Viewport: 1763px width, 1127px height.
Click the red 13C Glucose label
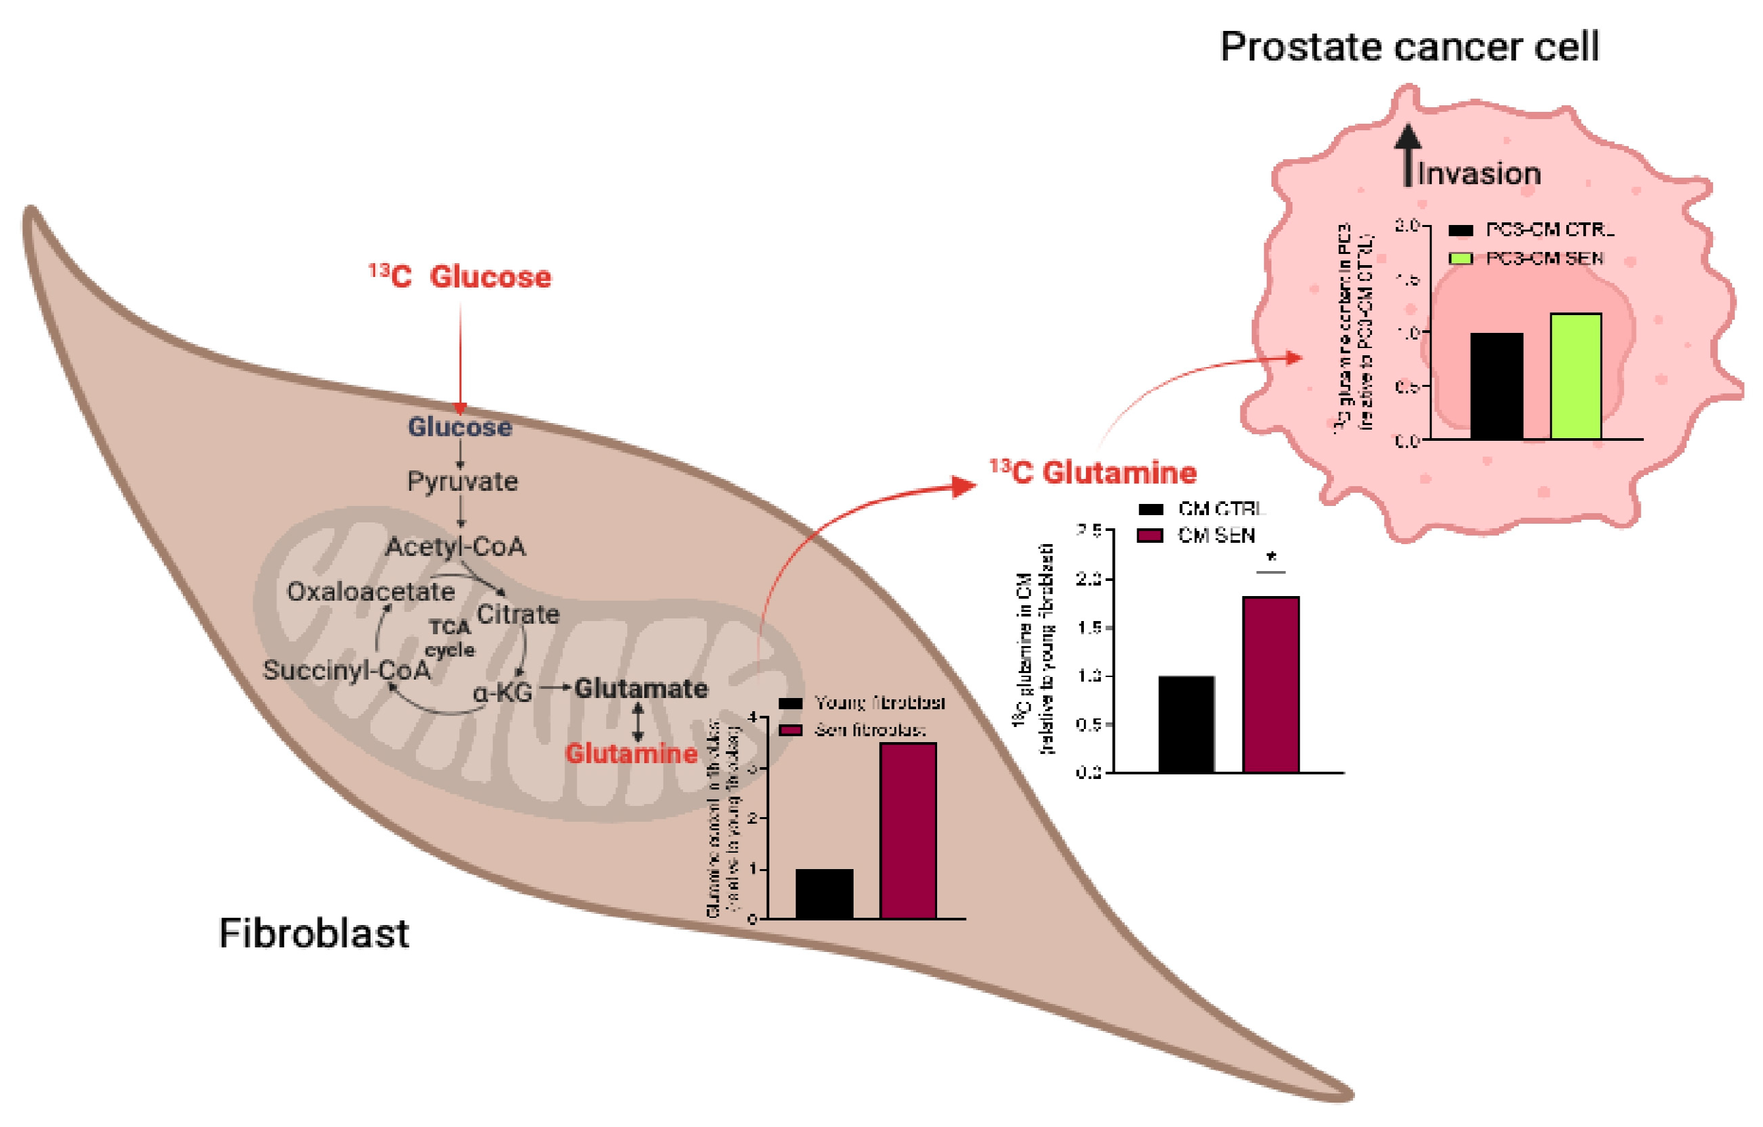coord(460,276)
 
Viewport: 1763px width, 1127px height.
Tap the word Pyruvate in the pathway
coord(463,482)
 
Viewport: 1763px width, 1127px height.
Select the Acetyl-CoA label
coord(455,547)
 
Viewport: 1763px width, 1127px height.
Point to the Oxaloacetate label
coord(370,591)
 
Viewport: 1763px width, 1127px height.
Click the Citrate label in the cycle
coord(518,614)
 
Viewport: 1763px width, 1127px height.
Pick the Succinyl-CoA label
coord(346,670)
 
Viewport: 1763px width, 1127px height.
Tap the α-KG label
coord(503,692)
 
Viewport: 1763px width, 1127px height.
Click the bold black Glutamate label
coord(640,689)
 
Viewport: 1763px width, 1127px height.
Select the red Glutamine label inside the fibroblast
coord(631,754)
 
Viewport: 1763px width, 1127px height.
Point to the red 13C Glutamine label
coord(1093,473)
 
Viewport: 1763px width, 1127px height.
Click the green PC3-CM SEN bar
coord(1575,377)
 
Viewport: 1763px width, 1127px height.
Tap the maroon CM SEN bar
coord(1271,684)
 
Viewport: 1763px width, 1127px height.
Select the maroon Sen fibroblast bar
coord(908,831)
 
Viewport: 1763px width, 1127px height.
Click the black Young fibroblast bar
coord(825,893)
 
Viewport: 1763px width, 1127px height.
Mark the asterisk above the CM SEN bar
coord(1271,558)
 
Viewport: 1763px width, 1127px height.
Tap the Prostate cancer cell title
coord(1410,47)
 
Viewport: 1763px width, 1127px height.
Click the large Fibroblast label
coord(313,934)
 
